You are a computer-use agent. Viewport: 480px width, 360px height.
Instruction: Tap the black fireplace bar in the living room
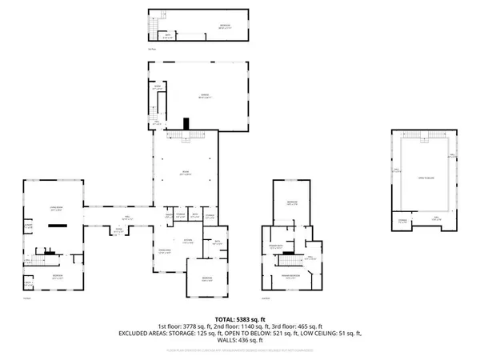(56, 226)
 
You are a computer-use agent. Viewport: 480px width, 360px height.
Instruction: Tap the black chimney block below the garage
(186, 123)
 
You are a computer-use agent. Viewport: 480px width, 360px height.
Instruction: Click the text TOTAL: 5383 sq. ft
(239, 320)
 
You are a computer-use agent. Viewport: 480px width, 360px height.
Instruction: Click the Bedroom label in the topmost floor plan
(225, 26)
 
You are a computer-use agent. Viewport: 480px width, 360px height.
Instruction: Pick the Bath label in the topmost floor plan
(169, 34)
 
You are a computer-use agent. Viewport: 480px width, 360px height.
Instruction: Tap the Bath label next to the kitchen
(216, 243)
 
